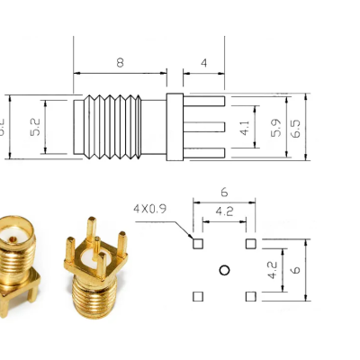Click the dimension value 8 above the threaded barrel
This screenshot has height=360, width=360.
[120, 62]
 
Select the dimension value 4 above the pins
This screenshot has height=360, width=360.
[204, 62]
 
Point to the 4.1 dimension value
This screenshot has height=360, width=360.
[244, 129]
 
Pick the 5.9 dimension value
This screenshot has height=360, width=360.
[275, 129]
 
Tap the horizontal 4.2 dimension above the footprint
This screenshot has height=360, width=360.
[224, 213]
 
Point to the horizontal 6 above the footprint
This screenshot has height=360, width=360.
[224, 193]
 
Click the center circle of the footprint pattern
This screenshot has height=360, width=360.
[224, 269]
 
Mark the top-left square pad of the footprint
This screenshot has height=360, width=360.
[198, 243]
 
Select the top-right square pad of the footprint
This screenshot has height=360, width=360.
[250, 243]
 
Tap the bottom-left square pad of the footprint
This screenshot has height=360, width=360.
[198, 296]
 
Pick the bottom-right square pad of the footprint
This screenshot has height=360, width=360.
[250, 296]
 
